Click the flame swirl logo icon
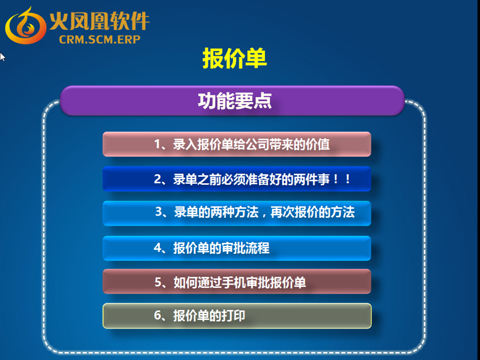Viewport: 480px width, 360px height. click(26, 26)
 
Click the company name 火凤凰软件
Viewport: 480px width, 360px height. click(99, 21)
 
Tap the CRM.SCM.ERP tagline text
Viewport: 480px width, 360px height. click(99, 39)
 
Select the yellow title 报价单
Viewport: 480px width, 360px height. click(235, 58)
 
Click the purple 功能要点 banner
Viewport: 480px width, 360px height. click(232, 101)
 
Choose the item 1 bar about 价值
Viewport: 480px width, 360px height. click(237, 144)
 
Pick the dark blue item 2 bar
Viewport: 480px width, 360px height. click(237, 179)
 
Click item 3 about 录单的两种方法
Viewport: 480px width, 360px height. click(237, 213)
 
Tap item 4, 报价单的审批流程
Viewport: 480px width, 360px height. click(237, 248)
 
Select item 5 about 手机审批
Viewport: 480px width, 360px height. click(237, 281)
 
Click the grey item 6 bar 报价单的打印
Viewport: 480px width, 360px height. click(237, 316)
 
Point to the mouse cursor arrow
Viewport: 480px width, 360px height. click(2, 57)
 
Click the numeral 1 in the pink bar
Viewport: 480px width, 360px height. click(158, 144)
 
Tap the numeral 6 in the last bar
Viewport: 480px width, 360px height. click(158, 315)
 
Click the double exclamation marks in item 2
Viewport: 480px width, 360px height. click(342, 179)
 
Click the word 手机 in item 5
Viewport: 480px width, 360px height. click(233, 282)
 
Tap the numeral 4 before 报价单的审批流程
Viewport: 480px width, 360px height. click(158, 248)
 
